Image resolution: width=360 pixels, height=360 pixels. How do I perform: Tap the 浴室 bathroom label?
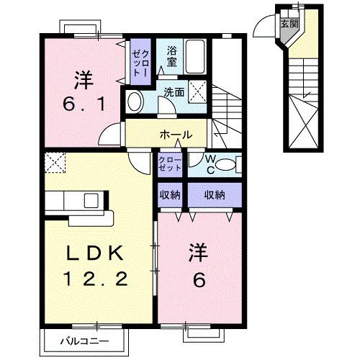(171, 57)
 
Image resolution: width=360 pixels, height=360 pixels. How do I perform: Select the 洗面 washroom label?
(174, 92)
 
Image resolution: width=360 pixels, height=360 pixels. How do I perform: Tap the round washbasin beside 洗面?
(135, 101)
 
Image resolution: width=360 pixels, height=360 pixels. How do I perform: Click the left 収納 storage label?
(171, 195)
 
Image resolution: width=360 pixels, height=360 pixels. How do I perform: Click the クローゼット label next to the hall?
(171, 163)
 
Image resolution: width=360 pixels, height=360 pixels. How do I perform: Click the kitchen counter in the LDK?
(79, 207)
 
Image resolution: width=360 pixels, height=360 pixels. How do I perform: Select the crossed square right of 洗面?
(202, 91)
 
